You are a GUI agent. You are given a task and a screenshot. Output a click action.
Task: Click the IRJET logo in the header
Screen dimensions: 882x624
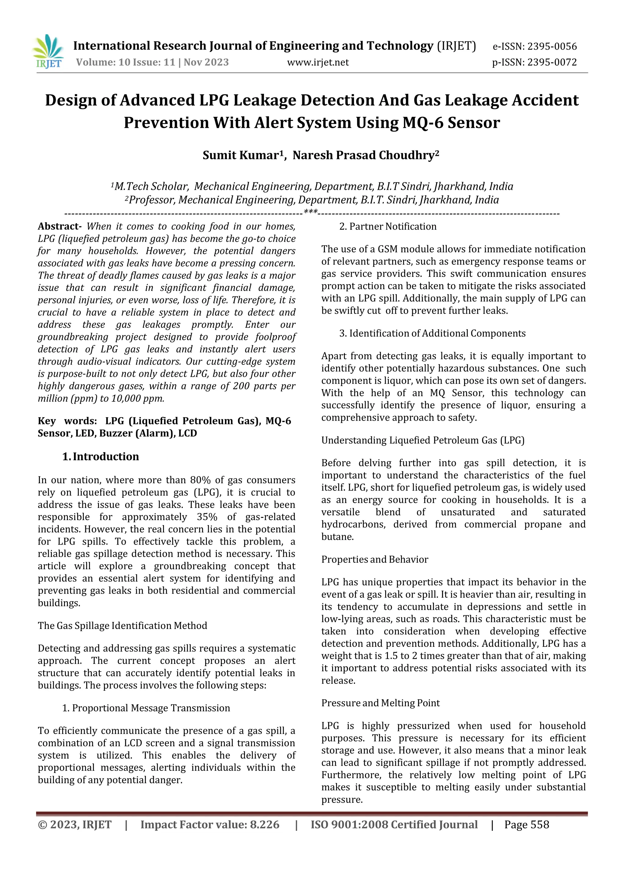[49, 51]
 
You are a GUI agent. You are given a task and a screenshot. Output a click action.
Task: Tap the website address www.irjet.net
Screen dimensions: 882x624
[318, 62]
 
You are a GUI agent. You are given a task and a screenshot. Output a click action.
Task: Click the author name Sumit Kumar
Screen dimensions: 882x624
[240, 155]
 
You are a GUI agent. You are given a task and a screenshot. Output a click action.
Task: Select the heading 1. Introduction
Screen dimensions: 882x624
[101, 456]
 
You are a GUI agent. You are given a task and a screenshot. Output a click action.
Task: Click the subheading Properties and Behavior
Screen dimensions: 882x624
[375, 559]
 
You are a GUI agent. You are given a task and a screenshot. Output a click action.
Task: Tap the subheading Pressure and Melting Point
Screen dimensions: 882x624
[380, 703]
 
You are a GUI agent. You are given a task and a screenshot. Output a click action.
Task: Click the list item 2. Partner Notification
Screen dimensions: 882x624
[388, 226]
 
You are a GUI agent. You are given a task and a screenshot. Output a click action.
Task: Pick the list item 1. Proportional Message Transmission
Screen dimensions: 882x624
[146, 708]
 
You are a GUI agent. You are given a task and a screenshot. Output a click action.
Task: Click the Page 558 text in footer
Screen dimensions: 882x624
[526, 824]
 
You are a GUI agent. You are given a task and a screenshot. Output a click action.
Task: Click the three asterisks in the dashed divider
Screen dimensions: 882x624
[310, 212]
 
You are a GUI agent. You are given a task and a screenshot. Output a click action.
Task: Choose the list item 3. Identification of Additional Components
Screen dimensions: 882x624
[432, 333]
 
